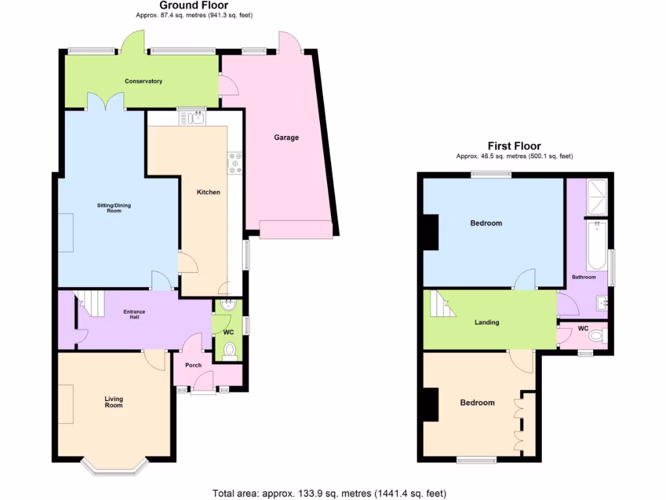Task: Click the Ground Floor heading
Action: pyautogui.click(x=185, y=5)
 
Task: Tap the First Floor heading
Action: pyautogui.click(x=514, y=146)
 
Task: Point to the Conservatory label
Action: pyautogui.click(x=144, y=81)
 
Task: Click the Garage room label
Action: pyautogui.click(x=286, y=137)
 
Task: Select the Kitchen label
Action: pyautogui.click(x=209, y=192)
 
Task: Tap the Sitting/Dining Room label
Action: pyautogui.click(x=114, y=208)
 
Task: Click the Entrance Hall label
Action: pyautogui.click(x=135, y=314)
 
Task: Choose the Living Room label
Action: pyautogui.click(x=114, y=402)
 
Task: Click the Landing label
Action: pyautogui.click(x=486, y=322)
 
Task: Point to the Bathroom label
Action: pyautogui.click(x=583, y=277)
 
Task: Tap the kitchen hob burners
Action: pyautogui.click(x=233, y=163)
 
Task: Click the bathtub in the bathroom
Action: pyautogui.click(x=596, y=245)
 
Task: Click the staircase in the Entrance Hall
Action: pyautogui.click(x=91, y=303)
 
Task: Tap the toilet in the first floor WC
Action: pyautogui.click(x=600, y=336)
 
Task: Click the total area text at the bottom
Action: pyautogui.click(x=329, y=493)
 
